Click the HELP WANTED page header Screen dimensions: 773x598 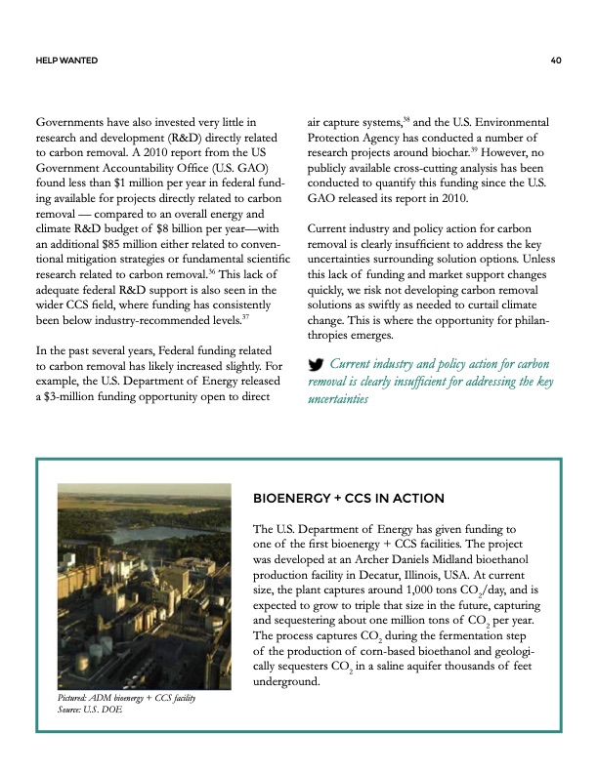click(x=64, y=61)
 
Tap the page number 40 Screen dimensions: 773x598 click(x=555, y=61)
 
